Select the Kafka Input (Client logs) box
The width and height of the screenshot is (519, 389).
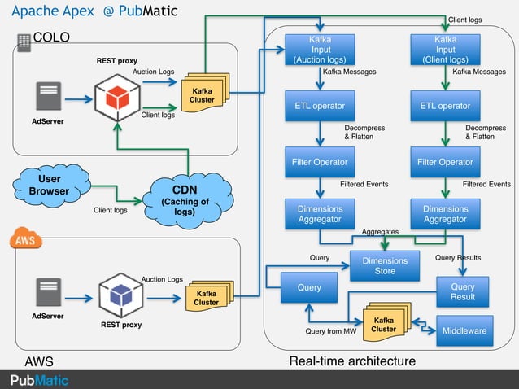(445, 50)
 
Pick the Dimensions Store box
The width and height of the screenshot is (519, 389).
(385, 266)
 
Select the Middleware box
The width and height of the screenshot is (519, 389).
(464, 331)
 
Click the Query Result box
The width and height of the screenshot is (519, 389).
(463, 291)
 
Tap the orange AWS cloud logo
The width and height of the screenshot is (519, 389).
(25, 240)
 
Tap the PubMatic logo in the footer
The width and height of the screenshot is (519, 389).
(39, 380)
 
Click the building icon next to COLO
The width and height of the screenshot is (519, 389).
(24, 42)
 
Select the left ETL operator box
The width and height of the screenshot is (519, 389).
(320, 106)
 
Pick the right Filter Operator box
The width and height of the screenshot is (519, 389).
(445, 162)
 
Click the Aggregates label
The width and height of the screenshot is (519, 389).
(380, 232)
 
